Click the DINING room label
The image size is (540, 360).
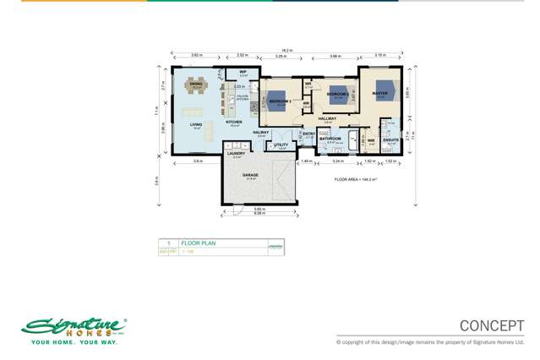tap(196, 83)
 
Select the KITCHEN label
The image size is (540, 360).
tap(233, 123)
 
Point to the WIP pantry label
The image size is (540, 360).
tap(242, 72)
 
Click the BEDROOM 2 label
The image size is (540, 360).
tap(280, 101)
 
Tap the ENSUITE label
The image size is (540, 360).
tap(391, 142)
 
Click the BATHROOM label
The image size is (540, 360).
tap(330, 138)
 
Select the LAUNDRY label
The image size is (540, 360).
tap(237, 153)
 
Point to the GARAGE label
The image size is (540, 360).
tap(250, 176)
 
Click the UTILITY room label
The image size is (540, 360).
tap(281, 145)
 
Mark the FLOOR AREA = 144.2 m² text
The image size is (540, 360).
tap(354, 179)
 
